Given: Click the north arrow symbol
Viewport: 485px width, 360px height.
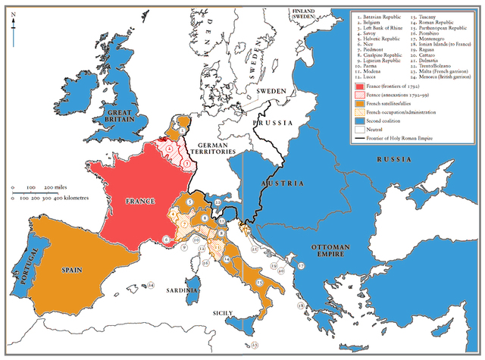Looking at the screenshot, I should click(13, 23).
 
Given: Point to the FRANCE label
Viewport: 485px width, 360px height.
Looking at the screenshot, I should click(139, 202).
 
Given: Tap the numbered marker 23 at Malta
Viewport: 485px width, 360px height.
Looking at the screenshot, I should click(255, 345).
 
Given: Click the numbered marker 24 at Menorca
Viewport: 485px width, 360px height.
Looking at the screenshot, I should click(151, 285).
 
